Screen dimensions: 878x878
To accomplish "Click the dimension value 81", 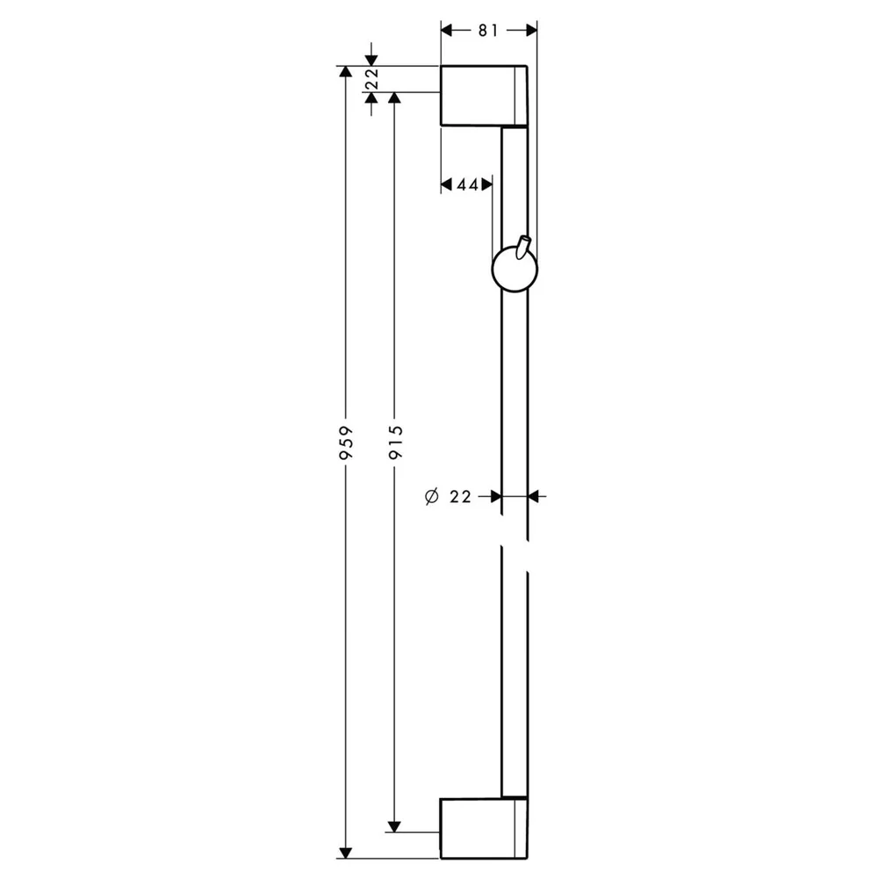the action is click(x=487, y=30).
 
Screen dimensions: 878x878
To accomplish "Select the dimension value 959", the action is click(x=347, y=443).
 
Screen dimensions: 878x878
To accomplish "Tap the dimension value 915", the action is click(x=395, y=443).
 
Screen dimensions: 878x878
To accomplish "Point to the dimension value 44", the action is click(x=468, y=184).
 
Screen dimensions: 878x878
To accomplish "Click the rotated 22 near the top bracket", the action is click(x=371, y=78).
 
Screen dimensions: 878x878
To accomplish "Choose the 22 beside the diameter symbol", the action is click(x=460, y=497).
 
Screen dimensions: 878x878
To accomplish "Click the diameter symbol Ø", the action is click(x=432, y=496).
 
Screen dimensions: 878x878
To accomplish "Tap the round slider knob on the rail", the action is click(x=515, y=270).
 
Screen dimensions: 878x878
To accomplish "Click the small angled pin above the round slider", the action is click(x=524, y=247).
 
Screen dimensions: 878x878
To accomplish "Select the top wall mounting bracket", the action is click(x=484, y=96).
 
